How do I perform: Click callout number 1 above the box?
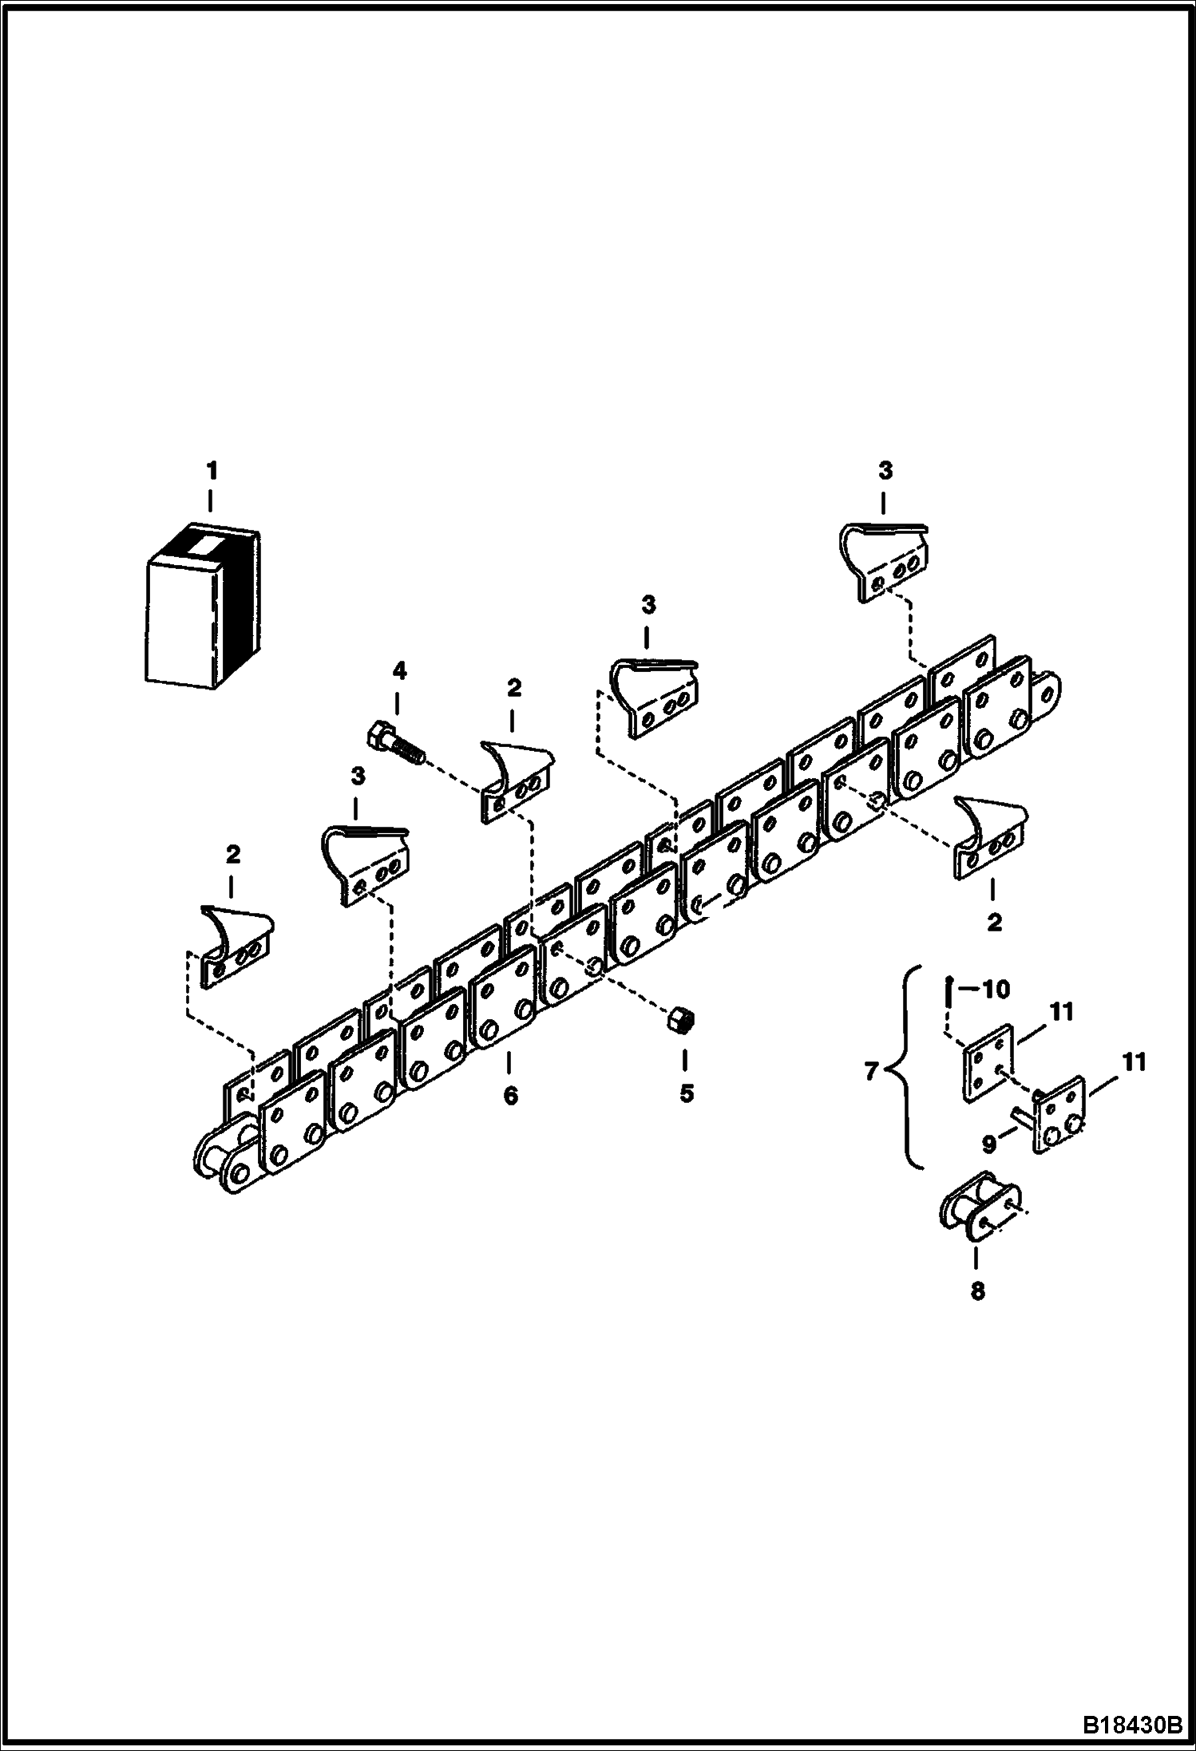coord(212,472)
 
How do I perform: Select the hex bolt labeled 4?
coord(395,740)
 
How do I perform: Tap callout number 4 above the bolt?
coord(398,671)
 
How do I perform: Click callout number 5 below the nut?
coord(686,1093)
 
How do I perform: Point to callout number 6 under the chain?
coord(510,1095)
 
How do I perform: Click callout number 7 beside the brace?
coord(872,1071)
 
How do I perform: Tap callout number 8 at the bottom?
coord(977,1291)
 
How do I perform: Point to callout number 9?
coord(989,1144)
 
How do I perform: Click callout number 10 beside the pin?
coord(995,990)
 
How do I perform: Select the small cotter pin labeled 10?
coord(946,993)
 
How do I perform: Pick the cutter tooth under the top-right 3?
coord(885,561)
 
